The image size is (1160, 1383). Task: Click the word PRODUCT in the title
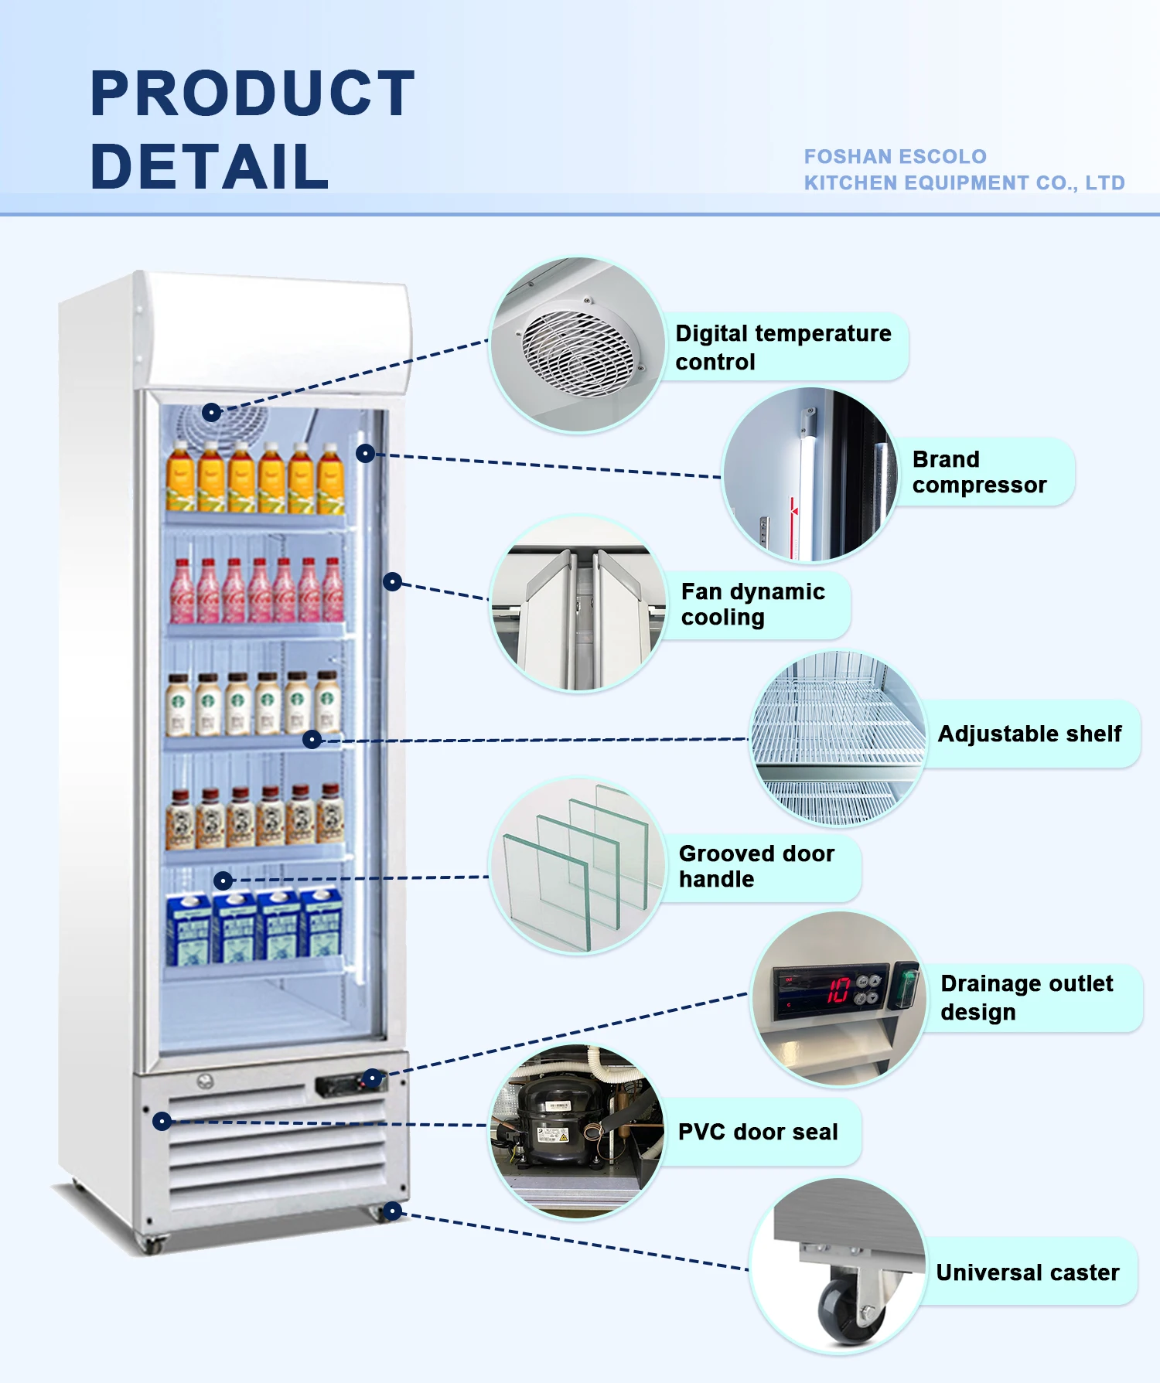252,94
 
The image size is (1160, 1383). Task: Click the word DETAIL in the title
210,166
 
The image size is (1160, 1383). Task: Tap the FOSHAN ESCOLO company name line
895,157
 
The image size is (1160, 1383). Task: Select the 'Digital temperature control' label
783,347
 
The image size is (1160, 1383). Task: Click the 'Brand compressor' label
979,472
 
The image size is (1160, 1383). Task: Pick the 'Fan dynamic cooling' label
752,604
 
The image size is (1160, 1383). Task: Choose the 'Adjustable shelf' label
1029,734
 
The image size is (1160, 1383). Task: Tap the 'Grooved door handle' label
756,866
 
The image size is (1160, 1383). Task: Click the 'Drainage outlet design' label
1026,997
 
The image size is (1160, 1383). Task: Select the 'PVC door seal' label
758,1132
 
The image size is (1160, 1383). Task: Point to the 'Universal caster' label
1028,1272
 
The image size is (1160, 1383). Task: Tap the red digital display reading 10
838,990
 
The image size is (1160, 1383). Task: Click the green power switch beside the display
904,985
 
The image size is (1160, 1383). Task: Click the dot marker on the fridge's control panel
373,1078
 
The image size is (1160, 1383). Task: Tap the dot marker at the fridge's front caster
392,1211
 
